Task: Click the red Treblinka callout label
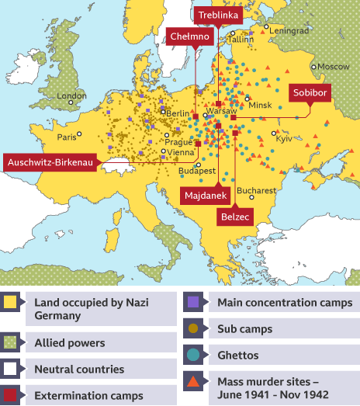pyautogui.click(x=218, y=16)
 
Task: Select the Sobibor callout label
pyautogui.click(x=310, y=92)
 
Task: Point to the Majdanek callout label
pyautogui.click(x=205, y=196)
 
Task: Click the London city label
pyautogui.click(x=71, y=97)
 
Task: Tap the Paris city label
pyautogui.click(x=67, y=137)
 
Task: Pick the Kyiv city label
pyautogui.click(x=282, y=137)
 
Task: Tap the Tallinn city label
pyautogui.click(x=241, y=38)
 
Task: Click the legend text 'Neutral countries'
pyautogui.click(x=79, y=370)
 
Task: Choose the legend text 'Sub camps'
pyautogui.click(x=245, y=328)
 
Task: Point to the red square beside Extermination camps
pyautogui.click(x=11, y=396)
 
